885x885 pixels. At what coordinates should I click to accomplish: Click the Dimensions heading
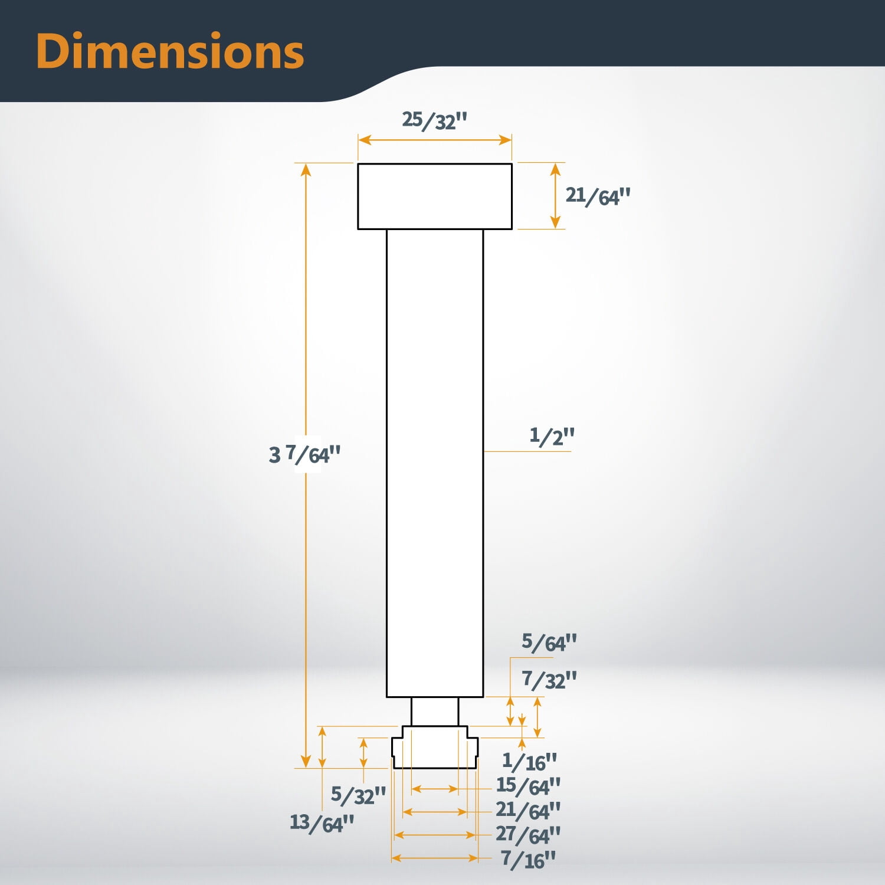pyautogui.click(x=170, y=52)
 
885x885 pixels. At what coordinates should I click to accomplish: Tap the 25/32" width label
pyautogui.click(x=434, y=120)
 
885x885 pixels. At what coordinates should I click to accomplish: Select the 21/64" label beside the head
pyautogui.click(x=598, y=195)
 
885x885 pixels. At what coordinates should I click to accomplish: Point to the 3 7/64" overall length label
pyautogui.click(x=304, y=455)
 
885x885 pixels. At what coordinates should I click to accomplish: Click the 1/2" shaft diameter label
pyautogui.click(x=552, y=436)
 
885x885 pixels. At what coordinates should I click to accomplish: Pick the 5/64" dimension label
pyautogui.click(x=549, y=643)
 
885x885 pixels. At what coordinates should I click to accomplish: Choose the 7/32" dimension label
pyautogui.click(x=549, y=680)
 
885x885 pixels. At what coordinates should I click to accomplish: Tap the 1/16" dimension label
pyautogui.click(x=529, y=761)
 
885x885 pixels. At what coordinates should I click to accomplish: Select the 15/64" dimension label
pyautogui.click(x=528, y=786)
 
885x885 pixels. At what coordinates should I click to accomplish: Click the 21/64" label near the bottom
pyautogui.click(x=528, y=811)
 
